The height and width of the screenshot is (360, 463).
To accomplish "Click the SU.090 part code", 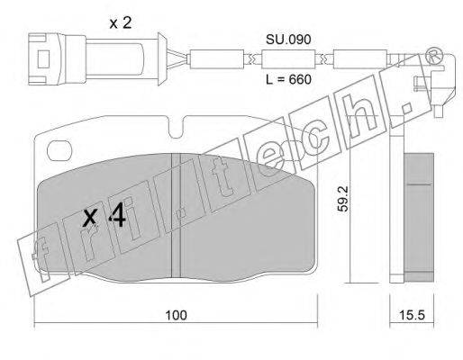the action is pyautogui.click(x=288, y=40).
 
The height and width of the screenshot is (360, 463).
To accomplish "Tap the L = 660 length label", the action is pyautogui.click(x=288, y=79).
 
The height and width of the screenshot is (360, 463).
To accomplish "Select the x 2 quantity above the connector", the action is pyautogui.click(x=121, y=23).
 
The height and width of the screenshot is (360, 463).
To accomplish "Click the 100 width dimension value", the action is pyautogui.click(x=176, y=315).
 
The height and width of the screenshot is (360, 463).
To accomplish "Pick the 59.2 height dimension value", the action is pyautogui.click(x=343, y=199).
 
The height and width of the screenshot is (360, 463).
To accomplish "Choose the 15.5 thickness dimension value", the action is pyautogui.click(x=412, y=315).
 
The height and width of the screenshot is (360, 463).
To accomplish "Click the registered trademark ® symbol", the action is pyautogui.click(x=434, y=56).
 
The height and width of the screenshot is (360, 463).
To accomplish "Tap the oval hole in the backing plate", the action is pyautogui.click(x=59, y=151).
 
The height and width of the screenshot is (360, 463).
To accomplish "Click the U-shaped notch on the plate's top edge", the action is pyautogui.click(x=176, y=129).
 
